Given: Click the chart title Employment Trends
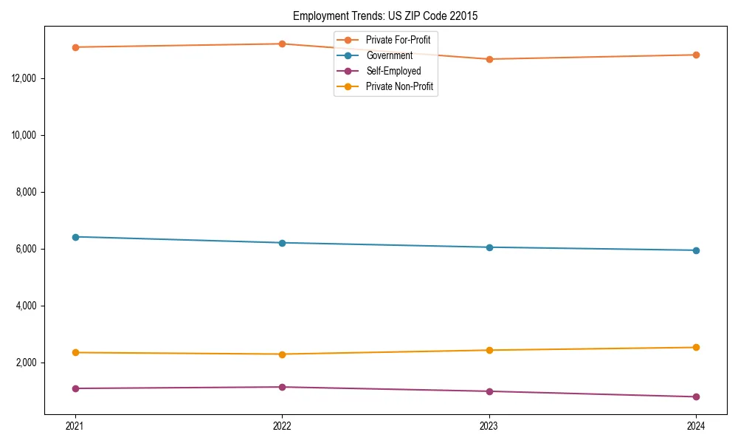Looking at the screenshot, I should tap(384, 16).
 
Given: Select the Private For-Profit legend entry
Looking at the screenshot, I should tap(398, 40).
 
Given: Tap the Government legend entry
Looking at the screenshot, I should tap(389, 55).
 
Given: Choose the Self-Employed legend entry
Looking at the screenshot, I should tap(393, 71).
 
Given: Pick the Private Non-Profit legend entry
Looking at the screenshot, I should tap(399, 86).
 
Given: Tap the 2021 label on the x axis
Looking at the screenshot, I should tap(75, 425).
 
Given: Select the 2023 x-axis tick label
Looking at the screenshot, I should tap(489, 425).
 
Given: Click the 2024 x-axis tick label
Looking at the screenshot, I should tap(696, 425).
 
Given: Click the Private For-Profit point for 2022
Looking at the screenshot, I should tap(282, 44).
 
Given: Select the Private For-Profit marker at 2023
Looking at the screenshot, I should tap(489, 59).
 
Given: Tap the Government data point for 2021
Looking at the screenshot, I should tap(75, 237).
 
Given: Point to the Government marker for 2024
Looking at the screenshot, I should tap(696, 250).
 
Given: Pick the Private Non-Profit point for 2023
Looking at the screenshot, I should tap(489, 350).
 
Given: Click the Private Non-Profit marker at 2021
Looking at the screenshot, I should tap(75, 352).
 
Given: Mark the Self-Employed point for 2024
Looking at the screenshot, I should tap(696, 396).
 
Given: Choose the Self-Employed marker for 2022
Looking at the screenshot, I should tap(282, 387).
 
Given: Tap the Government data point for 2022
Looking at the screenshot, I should tap(282, 243).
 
